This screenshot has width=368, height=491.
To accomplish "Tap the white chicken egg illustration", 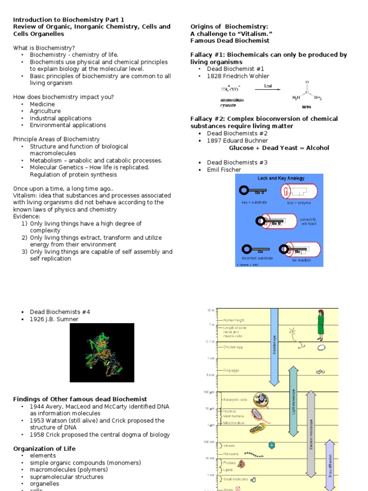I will pyautogui.click(x=321, y=348).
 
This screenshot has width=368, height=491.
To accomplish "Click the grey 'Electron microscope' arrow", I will pyautogui.click(x=311, y=434).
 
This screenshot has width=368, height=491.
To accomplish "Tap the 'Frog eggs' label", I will pyautogui.click(x=231, y=371).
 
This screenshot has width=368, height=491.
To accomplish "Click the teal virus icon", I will pyautogui.click(x=272, y=445).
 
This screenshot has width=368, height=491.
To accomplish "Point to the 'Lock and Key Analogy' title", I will pyautogui.click(x=281, y=178).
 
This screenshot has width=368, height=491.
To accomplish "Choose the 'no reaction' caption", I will pyautogui.click(x=301, y=260).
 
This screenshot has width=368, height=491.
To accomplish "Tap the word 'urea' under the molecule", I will pyautogui.click(x=307, y=107).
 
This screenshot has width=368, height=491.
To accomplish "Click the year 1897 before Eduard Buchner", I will pyautogui.click(x=215, y=140).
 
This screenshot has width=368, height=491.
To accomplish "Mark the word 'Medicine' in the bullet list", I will pyautogui.click(x=42, y=104).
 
